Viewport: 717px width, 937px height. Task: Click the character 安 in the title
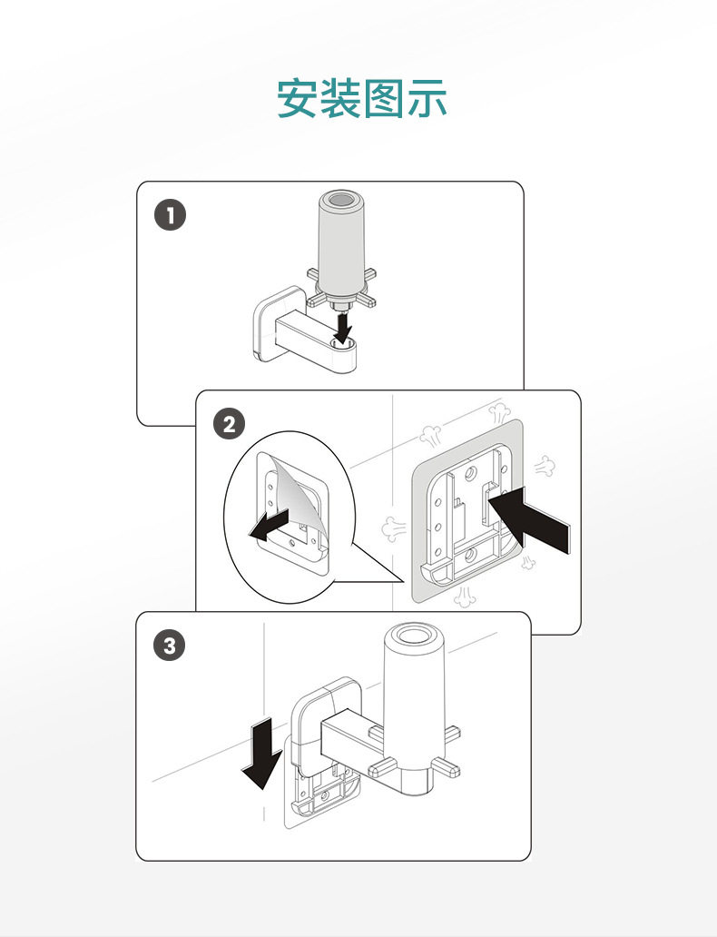point(299,98)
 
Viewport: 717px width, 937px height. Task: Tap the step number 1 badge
point(170,216)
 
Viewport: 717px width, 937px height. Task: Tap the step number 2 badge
point(228,424)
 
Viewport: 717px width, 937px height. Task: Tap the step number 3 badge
point(170,646)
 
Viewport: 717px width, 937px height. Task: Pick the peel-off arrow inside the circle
point(270,527)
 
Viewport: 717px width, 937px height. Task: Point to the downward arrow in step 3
point(260,754)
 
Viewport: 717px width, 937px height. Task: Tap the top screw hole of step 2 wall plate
point(470,474)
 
